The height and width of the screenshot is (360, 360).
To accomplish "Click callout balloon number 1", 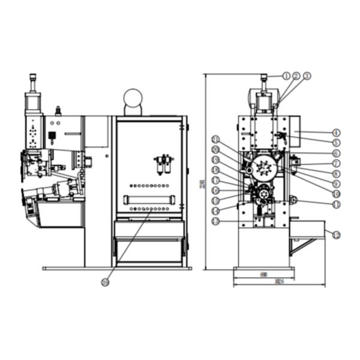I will pyautogui.click(x=286, y=76).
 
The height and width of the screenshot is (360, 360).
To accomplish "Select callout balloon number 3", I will pyautogui.click(x=307, y=76).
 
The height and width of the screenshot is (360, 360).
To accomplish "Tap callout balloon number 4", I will pyautogui.click(x=335, y=132).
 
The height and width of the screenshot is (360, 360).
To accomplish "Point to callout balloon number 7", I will pyautogui.click(x=336, y=163).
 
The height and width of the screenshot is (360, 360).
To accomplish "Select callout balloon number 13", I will pyautogui.click(x=215, y=221).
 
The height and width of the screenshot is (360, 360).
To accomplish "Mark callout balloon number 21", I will pyautogui.click(x=215, y=140).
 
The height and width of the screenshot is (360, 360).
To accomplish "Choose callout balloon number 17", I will pyautogui.click(x=215, y=180).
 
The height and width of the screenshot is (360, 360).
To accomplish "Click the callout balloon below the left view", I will pyautogui.click(x=106, y=281).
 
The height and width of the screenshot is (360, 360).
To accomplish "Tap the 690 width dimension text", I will pyautogui.click(x=263, y=274).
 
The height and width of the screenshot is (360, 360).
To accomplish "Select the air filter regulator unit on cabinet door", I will pyautogui.click(x=162, y=164).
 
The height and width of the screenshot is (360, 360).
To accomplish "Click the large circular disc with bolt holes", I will pyautogui.click(x=262, y=169).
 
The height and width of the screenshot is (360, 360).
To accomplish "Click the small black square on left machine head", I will pyautogui.click(x=52, y=135).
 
